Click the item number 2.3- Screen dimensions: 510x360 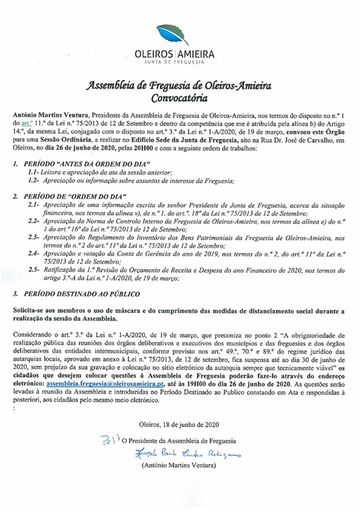[x=34, y=255]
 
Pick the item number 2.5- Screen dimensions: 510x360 [x=34, y=289]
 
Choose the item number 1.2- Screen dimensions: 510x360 [x=34, y=183]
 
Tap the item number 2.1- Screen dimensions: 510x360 [x=34, y=205]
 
